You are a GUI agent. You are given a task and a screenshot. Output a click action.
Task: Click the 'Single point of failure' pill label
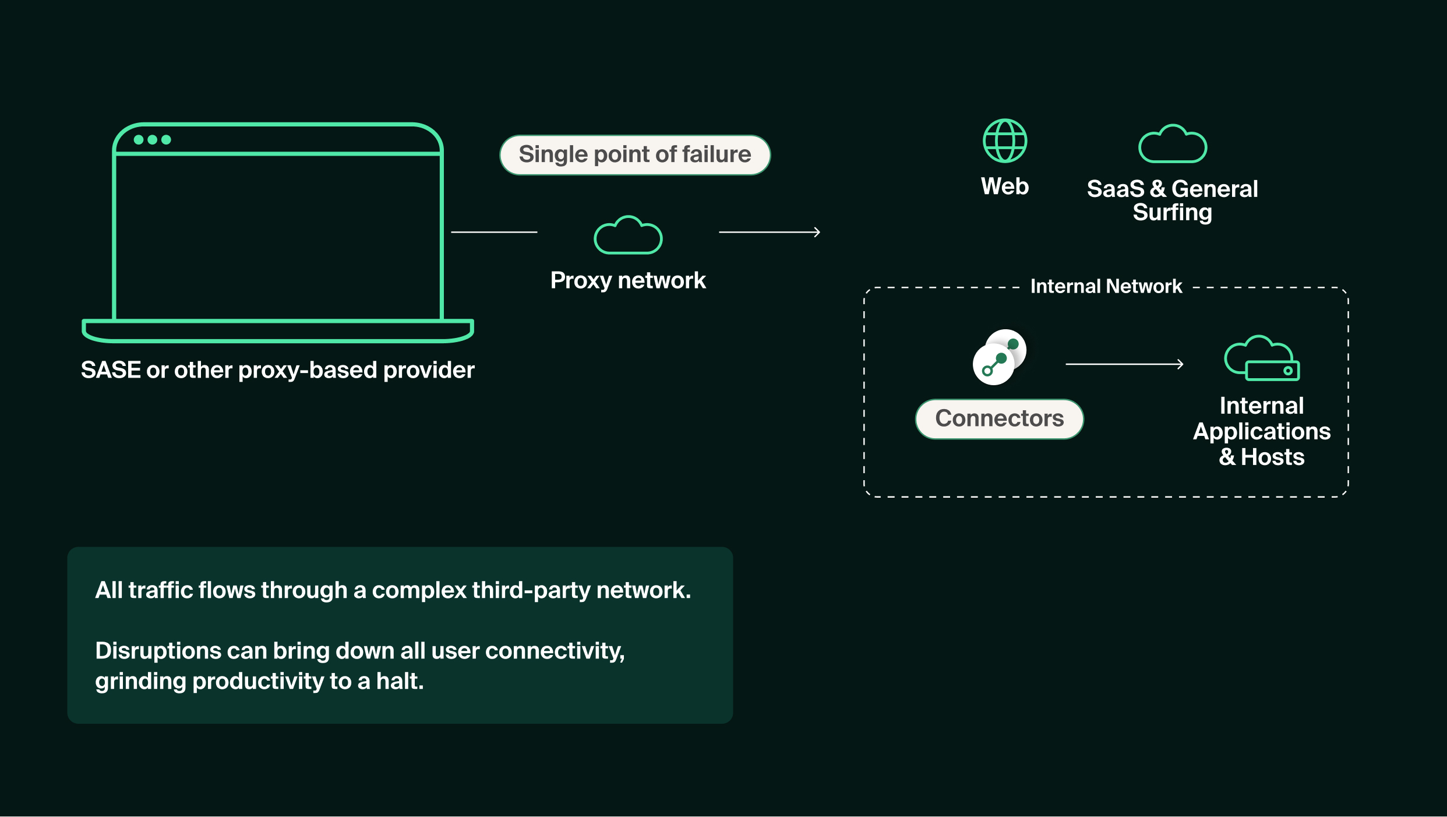click(x=635, y=155)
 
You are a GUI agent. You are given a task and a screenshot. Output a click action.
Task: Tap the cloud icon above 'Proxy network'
click(x=628, y=236)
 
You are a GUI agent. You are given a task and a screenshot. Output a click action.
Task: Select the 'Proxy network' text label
click(x=628, y=281)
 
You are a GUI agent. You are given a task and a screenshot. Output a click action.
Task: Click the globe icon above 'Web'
click(x=1005, y=141)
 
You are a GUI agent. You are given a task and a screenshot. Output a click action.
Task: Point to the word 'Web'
click(x=1005, y=186)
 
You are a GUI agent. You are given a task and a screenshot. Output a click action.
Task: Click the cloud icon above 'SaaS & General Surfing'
click(x=1173, y=145)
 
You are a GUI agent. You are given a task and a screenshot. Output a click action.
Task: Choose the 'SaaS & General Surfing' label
click(x=1172, y=200)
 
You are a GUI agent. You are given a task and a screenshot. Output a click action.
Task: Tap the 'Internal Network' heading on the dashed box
click(x=1106, y=287)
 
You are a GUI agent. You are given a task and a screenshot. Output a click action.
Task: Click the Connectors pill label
click(x=999, y=418)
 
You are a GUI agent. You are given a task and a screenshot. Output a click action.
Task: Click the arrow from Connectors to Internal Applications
click(x=1124, y=364)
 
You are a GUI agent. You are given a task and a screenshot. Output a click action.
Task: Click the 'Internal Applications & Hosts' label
click(x=1262, y=431)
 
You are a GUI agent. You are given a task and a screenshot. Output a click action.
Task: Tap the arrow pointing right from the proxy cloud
click(x=769, y=232)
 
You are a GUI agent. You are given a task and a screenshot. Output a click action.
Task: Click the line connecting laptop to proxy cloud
click(x=494, y=232)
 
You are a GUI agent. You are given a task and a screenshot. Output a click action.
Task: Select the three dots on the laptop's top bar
click(x=152, y=140)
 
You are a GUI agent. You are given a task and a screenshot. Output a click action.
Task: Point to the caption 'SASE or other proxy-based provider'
click(x=277, y=370)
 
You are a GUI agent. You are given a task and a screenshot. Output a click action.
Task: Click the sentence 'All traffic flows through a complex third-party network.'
click(x=393, y=590)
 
